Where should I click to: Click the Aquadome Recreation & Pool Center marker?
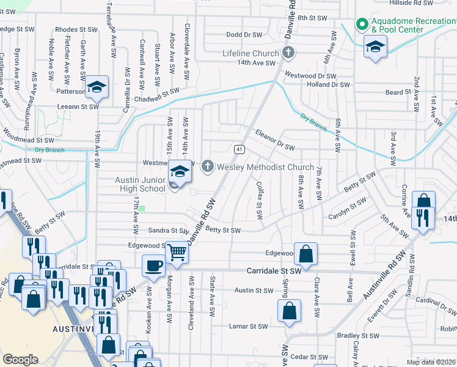(362, 25)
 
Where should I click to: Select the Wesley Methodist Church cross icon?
(208, 166)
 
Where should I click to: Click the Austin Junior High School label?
(141, 184)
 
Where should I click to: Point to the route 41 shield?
(238, 149)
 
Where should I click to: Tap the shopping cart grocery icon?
(177, 251)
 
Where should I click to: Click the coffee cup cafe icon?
(153, 265)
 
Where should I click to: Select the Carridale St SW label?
(274, 270)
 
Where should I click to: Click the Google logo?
(20, 360)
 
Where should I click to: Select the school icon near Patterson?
(97, 87)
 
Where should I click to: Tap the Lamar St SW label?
(248, 326)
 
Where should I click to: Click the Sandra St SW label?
(169, 230)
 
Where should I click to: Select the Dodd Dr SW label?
(244, 35)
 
